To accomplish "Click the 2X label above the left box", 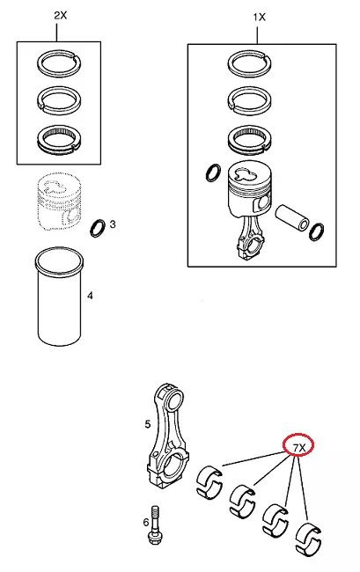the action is click(61, 15).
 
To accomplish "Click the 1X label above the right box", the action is click(260, 17).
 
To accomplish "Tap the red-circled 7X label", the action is click(299, 447).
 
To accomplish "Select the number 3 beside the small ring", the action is click(113, 224).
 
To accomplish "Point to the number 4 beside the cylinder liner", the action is click(90, 295).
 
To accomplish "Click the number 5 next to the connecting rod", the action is click(147, 424).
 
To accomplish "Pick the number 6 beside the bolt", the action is click(146, 523).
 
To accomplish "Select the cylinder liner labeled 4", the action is click(60, 297).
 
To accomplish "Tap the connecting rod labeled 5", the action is click(167, 437).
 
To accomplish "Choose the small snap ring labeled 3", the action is click(98, 228).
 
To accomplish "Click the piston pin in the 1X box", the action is click(292, 218).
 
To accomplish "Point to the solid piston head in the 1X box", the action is click(249, 190).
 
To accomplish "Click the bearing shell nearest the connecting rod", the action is click(209, 481).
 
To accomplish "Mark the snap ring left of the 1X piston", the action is click(213, 172).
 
